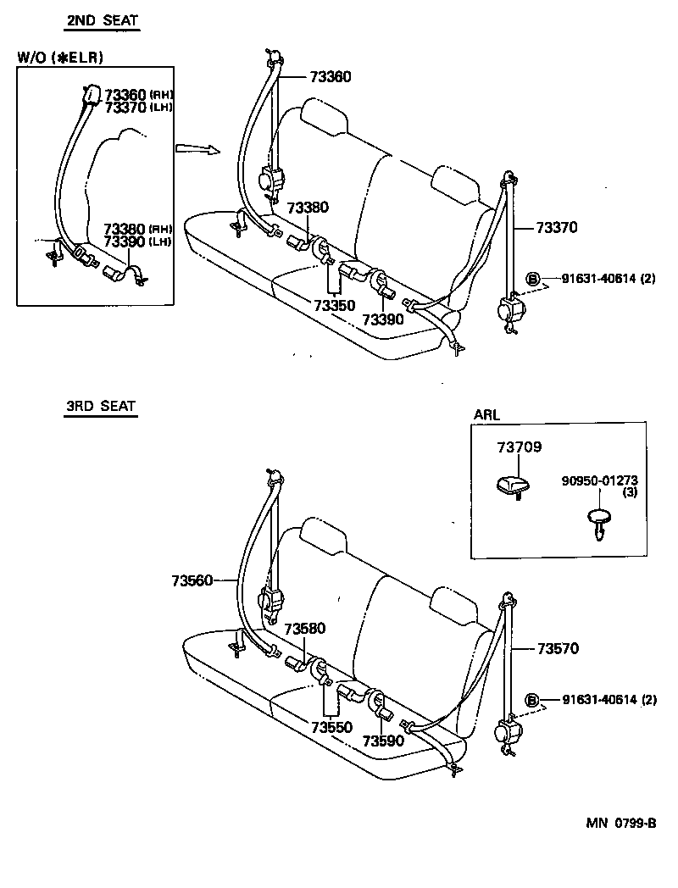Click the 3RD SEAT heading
click(x=101, y=406)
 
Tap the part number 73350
click(x=334, y=305)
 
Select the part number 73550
click(x=331, y=727)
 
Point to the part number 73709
click(x=519, y=447)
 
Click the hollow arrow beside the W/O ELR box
click(x=197, y=149)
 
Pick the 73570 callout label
click(x=558, y=649)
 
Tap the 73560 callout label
click(x=193, y=580)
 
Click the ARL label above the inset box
click(x=486, y=415)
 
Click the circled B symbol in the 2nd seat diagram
click(x=533, y=279)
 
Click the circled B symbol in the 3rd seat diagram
click(x=533, y=700)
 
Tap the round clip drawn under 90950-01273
click(x=599, y=519)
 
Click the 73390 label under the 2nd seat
click(x=383, y=319)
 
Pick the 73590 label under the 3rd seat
click(x=383, y=740)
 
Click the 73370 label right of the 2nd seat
click(x=556, y=227)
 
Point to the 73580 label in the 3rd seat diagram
click(x=306, y=629)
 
